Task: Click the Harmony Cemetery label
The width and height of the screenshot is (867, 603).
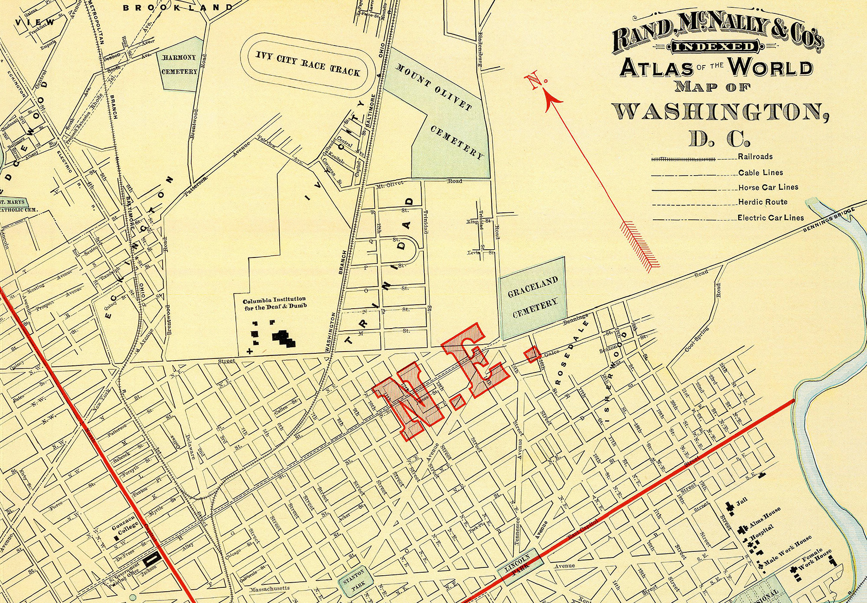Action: (x=179, y=64)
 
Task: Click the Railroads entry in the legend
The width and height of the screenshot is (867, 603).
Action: (x=755, y=156)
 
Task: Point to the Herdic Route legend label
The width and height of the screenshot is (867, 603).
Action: (x=763, y=202)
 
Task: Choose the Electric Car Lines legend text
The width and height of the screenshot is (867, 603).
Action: (x=770, y=218)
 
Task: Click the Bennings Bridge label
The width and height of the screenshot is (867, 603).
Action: (x=829, y=219)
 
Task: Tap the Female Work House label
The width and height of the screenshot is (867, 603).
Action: (x=815, y=559)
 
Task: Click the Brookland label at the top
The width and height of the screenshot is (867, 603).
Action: (x=178, y=7)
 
